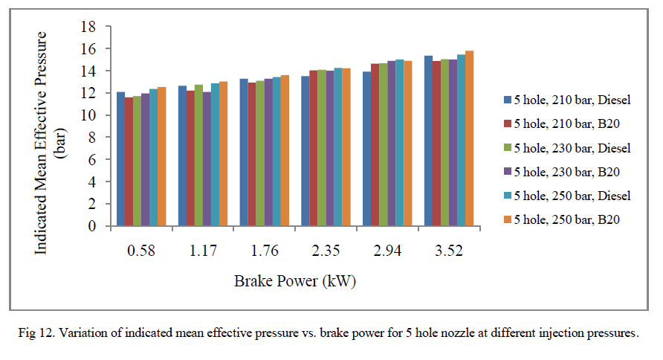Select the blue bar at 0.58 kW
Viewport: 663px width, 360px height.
tap(120, 159)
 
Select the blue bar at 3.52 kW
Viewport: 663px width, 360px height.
tap(428, 141)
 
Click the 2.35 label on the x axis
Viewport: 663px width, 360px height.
tap(326, 251)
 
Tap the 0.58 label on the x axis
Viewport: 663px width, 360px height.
tap(140, 251)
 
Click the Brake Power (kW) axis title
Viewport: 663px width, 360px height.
tap(296, 281)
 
